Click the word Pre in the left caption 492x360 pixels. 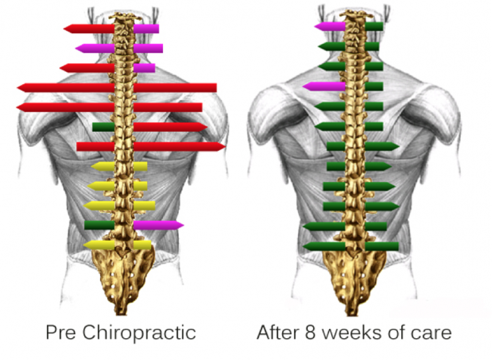pos(60,332)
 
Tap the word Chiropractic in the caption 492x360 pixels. pos(139,333)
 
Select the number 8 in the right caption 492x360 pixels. pos(310,332)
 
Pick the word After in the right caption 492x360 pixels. pos(277,332)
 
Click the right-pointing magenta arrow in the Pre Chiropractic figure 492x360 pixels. pos(158,225)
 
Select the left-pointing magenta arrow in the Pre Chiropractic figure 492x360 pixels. pos(95,48)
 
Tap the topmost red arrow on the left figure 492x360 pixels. pos(89,29)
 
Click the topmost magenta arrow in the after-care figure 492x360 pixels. pos(330,26)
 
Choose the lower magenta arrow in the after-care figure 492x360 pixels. pos(324,86)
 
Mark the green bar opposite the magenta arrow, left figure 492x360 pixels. pos(99,225)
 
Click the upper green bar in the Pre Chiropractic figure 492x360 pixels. pos(103,127)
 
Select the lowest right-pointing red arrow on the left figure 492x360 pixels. pos(179,146)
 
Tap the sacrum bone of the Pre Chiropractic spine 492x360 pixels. pos(123,276)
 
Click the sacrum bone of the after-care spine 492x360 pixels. pos(354,276)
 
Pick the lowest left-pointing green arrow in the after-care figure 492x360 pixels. pos(324,246)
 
